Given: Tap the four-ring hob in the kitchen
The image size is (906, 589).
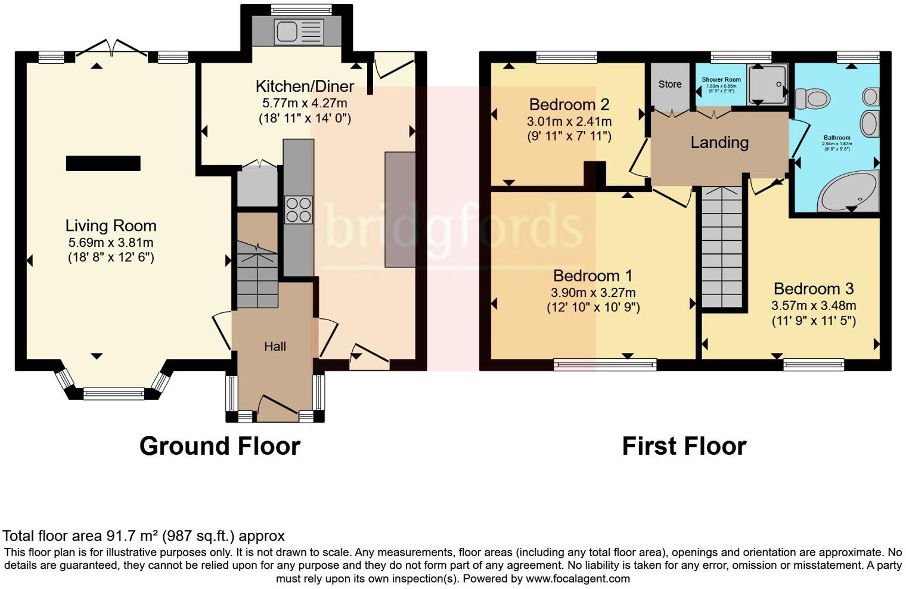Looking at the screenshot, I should pyautogui.click(x=299, y=209).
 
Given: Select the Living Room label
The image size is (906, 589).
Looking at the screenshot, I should pyautogui.click(x=111, y=226).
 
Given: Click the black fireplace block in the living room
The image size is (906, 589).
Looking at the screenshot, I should pyautogui.click(x=103, y=163).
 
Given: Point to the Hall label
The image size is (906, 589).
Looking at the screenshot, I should pyautogui.click(x=275, y=346).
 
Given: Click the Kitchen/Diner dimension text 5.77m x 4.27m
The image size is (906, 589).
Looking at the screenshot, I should pyautogui.click(x=305, y=103).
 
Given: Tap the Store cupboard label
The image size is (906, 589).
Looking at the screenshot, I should pyautogui.click(x=670, y=84).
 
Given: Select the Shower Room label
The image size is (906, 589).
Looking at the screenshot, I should pyautogui.click(x=721, y=79).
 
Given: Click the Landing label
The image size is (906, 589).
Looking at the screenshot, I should pyautogui.click(x=719, y=142).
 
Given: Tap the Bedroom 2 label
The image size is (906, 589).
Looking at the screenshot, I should pyautogui.click(x=569, y=105).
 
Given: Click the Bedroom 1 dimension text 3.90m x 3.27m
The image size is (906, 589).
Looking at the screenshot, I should pyautogui.click(x=593, y=293).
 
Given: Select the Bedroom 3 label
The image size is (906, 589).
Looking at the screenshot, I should pyautogui.click(x=814, y=289).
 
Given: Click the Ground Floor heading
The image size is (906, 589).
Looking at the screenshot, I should pyautogui.click(x=219, y=446).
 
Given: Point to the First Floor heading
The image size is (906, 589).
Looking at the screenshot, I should pyautogui.click(x=684, y=446).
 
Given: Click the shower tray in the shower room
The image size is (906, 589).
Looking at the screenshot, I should pyautogui.click(x=767, y=83).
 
